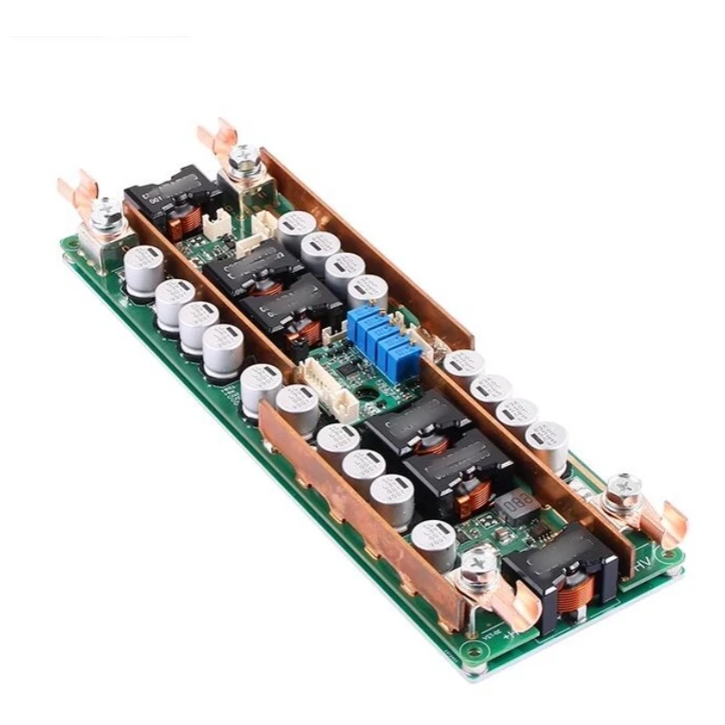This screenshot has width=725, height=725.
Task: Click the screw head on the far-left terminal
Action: [106, 208]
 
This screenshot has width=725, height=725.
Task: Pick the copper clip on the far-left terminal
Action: [79, 188]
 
